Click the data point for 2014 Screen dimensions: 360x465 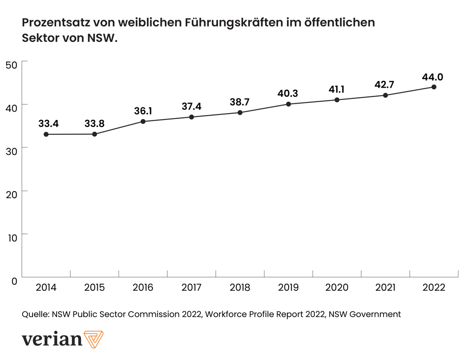(x=46, y=134)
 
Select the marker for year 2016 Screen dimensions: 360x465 (x=143, y=121)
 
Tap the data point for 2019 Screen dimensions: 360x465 (x=288, y=104)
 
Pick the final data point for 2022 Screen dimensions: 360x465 (x=434, y=87)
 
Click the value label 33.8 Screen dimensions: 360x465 (x=94, y=124)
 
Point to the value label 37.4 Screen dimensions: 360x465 (x=191, y=107)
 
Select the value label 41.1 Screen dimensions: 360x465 (x=337, y=89)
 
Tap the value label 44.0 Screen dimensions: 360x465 (x=432, y=77)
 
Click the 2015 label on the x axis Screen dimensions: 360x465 (x=94, y=288)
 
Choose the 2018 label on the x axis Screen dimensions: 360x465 (x=240, y=288)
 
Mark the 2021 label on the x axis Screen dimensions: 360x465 (x=385, y=288)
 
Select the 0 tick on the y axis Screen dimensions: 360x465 (x=14, y=280)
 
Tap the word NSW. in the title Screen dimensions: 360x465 (x=103, y=38)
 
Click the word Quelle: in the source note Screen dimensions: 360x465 (x=35, y=314)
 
